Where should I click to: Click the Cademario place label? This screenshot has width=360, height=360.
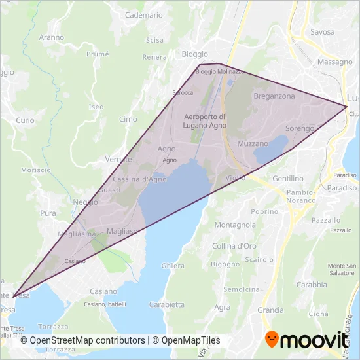143,14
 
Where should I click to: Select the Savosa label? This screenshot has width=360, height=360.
323,31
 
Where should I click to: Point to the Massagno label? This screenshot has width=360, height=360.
335,62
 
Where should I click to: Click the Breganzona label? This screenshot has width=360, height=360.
274,96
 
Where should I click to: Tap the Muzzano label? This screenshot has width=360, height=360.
253,143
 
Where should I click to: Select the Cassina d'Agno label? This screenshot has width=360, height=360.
139,179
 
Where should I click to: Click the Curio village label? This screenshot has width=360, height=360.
25,120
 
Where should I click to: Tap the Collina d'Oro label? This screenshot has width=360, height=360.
233,246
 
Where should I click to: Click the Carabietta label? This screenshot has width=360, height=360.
166,304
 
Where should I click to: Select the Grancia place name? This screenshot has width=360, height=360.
270,310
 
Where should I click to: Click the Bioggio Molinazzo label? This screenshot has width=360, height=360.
220,71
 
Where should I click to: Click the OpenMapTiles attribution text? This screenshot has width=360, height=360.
187,340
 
